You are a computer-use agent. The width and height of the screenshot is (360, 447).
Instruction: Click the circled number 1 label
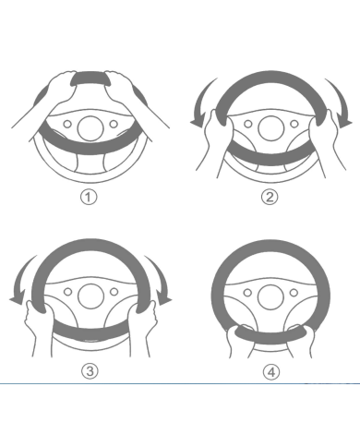(89, 197)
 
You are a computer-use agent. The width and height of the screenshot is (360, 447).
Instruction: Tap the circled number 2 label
(270, 197)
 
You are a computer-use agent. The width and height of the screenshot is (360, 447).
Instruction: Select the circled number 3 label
(90, 371)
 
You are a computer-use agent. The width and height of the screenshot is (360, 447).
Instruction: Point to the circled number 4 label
(271, 372)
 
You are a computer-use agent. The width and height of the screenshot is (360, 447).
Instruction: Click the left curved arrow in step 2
(200, 100)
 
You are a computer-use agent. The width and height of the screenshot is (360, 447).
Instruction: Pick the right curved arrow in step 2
(341, 100)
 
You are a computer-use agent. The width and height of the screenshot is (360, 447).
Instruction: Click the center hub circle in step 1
(90, 128)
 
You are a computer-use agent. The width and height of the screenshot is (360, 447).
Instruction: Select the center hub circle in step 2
(270, 128)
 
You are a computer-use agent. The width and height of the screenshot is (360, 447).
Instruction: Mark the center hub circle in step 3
(90, 296)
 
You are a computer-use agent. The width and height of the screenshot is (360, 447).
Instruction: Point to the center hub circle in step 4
(270, 297)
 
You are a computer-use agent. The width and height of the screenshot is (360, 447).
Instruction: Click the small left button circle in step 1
(67, 124)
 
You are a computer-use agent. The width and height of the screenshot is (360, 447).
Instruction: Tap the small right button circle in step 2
(294, 124)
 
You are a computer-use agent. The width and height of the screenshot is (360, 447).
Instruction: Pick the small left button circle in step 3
(67, 292)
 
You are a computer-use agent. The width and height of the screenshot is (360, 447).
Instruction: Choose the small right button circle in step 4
(294, 292)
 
